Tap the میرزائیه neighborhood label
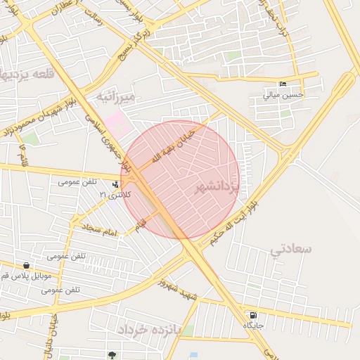[x=115, y=95]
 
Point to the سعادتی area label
[x=291, y=249]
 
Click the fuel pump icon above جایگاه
[x=252, y=316]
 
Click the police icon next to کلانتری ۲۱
[x=115, y=184]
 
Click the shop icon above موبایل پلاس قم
[x=26, y=266]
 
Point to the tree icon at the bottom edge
[x=111, y=355]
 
